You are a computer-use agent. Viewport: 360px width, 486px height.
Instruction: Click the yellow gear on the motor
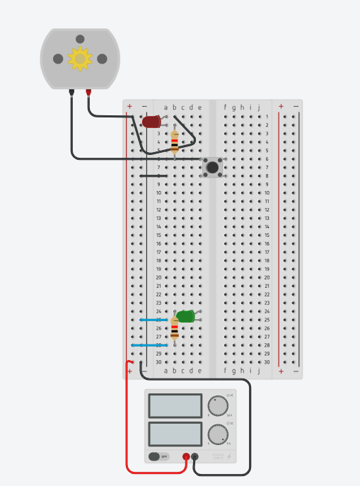pos(80,59)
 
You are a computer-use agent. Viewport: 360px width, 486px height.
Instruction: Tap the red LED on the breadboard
pos(151,122)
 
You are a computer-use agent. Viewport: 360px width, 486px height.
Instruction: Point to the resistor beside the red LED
pos(175,142)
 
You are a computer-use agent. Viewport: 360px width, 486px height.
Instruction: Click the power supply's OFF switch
pos(159,456)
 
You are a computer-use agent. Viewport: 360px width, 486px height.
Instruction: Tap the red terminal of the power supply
pos(186,456)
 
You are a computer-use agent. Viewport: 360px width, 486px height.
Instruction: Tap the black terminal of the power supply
pos(195,456)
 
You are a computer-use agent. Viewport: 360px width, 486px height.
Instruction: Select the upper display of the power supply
pos(174,406)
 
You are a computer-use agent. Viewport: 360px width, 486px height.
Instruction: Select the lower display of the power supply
pos(174,434)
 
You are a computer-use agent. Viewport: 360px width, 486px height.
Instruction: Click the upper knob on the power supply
pos(218,405)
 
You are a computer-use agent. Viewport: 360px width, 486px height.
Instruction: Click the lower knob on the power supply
pos(218,433)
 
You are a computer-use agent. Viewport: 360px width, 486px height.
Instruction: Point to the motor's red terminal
pos(88,91)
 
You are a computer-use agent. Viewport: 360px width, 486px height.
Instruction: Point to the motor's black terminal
pos(71,91)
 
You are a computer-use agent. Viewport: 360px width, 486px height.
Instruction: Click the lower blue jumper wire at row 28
pos(149,345)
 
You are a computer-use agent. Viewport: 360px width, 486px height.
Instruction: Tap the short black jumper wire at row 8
pos(153,175)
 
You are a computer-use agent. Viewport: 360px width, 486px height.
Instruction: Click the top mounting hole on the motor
pos(80,38)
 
